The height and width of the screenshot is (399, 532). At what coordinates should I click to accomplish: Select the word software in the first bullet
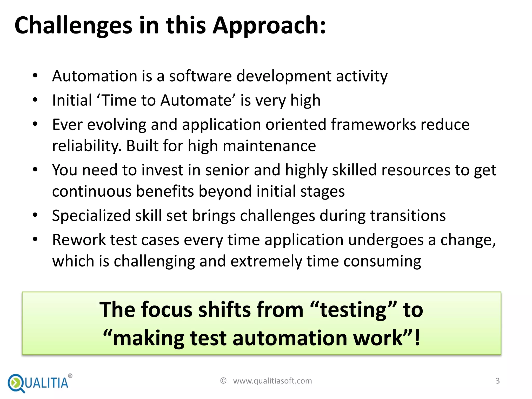200,76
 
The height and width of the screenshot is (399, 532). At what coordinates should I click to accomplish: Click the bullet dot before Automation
35,76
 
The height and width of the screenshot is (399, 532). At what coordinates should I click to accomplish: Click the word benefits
165,191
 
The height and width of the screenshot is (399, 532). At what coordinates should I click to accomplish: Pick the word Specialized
91,216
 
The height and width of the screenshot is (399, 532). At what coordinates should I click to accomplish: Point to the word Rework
79,240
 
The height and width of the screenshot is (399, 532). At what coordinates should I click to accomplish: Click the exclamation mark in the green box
417,338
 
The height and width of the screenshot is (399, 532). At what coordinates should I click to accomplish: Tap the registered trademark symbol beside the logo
70,376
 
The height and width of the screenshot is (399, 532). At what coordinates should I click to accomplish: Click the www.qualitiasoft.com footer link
272,381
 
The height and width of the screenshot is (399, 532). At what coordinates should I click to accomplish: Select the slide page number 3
497,381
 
